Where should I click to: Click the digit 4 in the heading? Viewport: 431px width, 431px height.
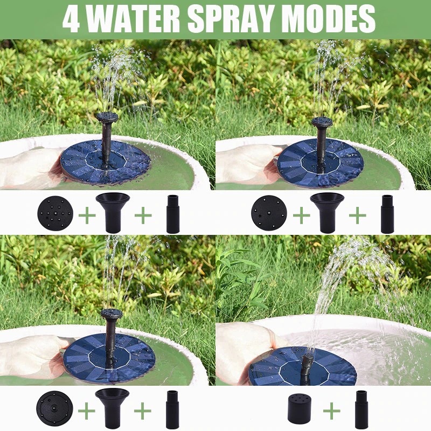click(72, 18)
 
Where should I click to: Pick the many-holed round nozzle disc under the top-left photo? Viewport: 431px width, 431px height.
click(55, 213)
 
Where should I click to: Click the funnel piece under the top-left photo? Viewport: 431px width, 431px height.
click(113, 212)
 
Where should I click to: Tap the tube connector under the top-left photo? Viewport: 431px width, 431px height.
click(173, 214)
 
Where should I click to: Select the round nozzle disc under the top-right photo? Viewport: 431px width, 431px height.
click(269, 213)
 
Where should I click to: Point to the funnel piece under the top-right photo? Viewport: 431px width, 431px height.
click(327, 212)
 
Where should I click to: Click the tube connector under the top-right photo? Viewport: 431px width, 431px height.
click(387, 214)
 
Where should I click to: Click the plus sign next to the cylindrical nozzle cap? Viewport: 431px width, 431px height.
click(331, 411)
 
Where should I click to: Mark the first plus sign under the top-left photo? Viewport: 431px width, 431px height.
click(87, 214)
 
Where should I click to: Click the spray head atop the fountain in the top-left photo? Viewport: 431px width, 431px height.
click(107, 117)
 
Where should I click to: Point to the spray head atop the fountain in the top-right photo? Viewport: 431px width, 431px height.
click(322, 122)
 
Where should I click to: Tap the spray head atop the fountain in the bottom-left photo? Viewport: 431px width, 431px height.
click(112, 314)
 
